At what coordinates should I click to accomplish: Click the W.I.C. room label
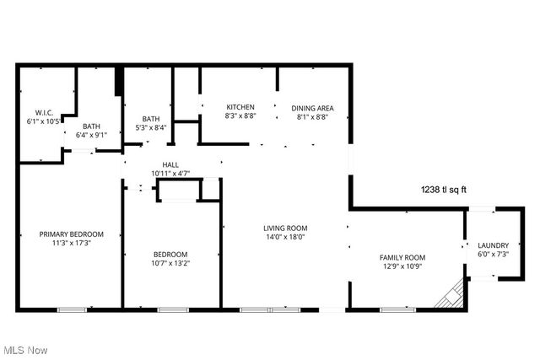coord(44,113)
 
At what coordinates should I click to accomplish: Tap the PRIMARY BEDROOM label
coord(72,234)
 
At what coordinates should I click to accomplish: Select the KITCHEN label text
coord(240,107)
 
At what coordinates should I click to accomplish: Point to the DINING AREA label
coord(313,108)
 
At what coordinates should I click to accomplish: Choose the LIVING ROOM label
coord(284,228)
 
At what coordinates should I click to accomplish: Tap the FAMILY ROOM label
coord(401,258)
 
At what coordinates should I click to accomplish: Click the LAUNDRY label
coord(494,245)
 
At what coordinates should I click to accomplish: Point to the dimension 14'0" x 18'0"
coord(284,237)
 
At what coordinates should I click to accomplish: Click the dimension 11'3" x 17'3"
coord(72,244)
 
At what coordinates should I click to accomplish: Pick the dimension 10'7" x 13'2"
coord(170,263)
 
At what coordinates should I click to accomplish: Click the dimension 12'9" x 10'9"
coord(401,267)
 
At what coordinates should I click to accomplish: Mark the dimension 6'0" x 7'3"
coord(494,255)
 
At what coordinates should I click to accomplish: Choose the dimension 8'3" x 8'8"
coord(240,117)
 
